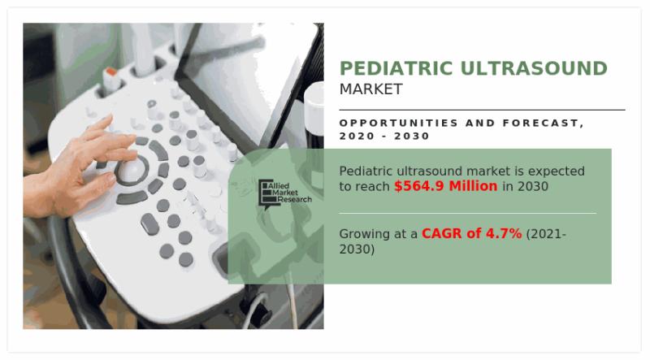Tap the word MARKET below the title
pyautogui.click(x=370, y=89)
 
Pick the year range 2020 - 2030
pyautogui.click(x=384, y=137)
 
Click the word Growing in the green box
pyautogui.click(x=366, y=234)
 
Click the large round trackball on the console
pyautogui.click(x=131, y=171)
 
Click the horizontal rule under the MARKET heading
pyautogui.click(x=482, y=110)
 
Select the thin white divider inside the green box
pyautogui.click(x=466, y=213)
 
